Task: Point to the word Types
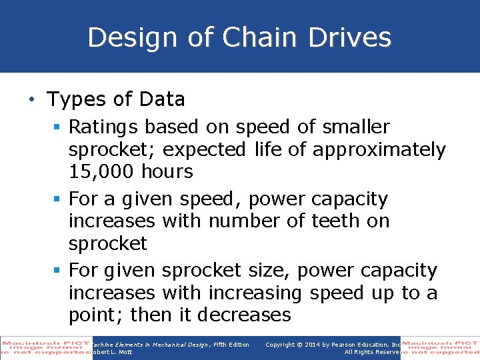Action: click(x=76, y=99)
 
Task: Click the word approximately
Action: click(x=379, y=149)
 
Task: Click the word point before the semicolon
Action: click(x=93, y=315)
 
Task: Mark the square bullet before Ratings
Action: click(x=59, y=127)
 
